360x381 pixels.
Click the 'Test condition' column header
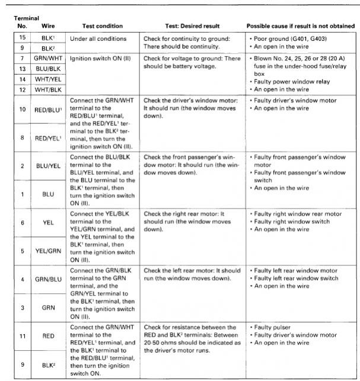(102, 26)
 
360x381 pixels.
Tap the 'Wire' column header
(48, 26)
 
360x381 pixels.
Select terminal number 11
(21, 335)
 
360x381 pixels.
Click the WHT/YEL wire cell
(48, 78)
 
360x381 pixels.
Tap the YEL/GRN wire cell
(48, 250)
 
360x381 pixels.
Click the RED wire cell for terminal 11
(48, 335)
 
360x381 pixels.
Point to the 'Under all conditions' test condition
(98, 39)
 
